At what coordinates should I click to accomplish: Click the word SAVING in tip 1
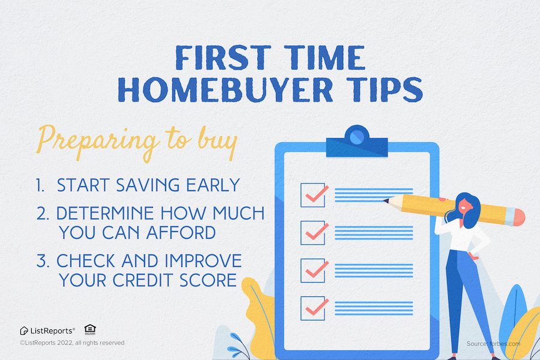(x=151, y=185)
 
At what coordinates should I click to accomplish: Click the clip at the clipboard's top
(x=356, y=139)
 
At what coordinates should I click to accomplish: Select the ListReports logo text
(x=52, y=330)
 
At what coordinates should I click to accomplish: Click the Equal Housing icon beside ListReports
(x=90, y=329)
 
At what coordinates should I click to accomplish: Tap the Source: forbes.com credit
(x=493, y=344)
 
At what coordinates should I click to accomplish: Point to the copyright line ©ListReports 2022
(x=71, y=343)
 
